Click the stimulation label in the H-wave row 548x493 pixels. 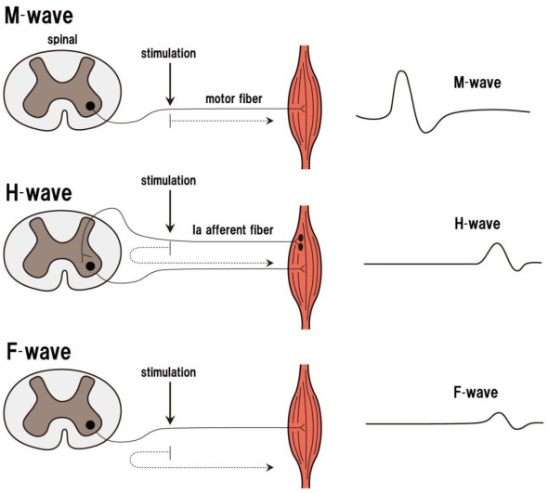pyautogui.click(x=169, y=180)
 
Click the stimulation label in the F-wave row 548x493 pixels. pyautogui.click(x=169, y=372)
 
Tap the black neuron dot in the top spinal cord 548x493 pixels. pyautogui.click(x=90, y=107)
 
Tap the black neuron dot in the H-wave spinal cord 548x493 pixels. pyautogui.click(x=90, y=267)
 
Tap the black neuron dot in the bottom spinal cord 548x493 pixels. pyautogui.click(x=90, y=427)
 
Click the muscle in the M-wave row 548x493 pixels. pyautogui.click(x=307, y=108)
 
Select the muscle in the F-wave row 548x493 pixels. pyautogui.click(x=307, y=426)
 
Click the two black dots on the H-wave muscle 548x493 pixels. pyautogui.click(x=302, y=243)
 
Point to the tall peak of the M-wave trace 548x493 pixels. pyautogui.click(x=401, y=73)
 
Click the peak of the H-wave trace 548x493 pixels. pyautogui.click(x=497, y=244)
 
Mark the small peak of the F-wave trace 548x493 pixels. pyautogui.click(x=499, y=414)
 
